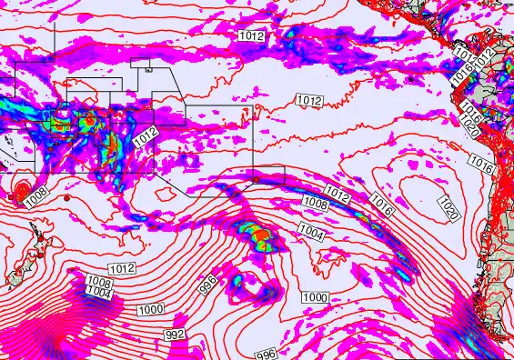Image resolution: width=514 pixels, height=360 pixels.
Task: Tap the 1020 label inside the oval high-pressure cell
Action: (448, 205)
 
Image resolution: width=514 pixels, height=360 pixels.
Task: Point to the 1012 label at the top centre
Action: (252, 35)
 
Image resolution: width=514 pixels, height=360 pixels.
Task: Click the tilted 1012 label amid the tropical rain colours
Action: (146, 138)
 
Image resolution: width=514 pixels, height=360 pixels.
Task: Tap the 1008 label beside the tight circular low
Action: (36, 195)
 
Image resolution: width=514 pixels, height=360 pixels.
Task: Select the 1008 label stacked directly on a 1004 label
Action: (98, 282)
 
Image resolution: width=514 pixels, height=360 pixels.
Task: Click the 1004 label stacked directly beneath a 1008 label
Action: (99, 293)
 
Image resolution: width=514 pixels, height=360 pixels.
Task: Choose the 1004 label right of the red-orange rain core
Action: (311, 234)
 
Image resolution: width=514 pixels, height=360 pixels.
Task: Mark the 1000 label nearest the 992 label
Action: (151, 310)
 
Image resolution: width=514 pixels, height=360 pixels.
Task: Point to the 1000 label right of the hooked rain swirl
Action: (315, 297)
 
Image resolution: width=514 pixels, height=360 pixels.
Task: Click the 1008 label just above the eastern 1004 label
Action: (315, 204)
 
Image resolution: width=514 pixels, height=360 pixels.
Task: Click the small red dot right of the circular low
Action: (67, 196)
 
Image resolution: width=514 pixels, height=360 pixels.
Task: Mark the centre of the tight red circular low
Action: (19, 189)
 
